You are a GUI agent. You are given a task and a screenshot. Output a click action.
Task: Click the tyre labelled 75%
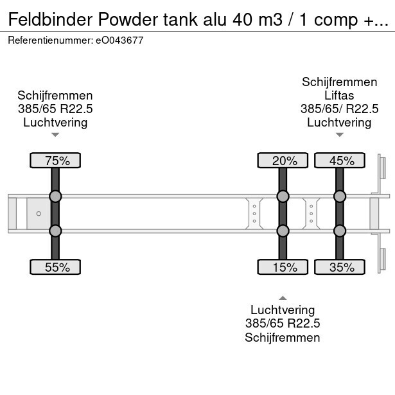pos(55,161)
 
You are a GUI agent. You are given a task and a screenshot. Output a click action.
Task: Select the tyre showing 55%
pos(55,267)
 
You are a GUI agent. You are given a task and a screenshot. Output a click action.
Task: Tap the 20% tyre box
pos(283,161)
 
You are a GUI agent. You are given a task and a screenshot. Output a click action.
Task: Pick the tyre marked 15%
pos(283,267)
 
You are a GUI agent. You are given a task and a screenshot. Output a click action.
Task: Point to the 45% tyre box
pos(339,161)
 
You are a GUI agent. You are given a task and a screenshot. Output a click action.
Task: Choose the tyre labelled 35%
pos(339,267)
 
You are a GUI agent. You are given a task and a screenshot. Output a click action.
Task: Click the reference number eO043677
pos(120,40)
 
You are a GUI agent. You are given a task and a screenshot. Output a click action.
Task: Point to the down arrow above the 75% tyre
pos(55,135)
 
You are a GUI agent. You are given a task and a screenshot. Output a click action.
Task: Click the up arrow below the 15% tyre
pos(283,297)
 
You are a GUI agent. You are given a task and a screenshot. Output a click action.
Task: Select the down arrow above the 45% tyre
pos(339,135)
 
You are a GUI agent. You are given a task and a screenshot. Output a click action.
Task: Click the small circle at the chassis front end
pos(39,213)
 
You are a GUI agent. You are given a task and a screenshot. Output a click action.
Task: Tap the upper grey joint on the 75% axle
pos(55,196)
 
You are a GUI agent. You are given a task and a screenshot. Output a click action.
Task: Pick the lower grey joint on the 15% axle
pos(283,231)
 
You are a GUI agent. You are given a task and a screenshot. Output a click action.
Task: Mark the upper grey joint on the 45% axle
pos(339,196)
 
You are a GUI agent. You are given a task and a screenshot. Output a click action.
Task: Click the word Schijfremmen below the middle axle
pos(283,337)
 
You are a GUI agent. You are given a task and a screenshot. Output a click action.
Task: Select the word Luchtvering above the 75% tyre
pos(55,122)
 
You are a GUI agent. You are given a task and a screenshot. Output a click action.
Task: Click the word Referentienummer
pos(51,40)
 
